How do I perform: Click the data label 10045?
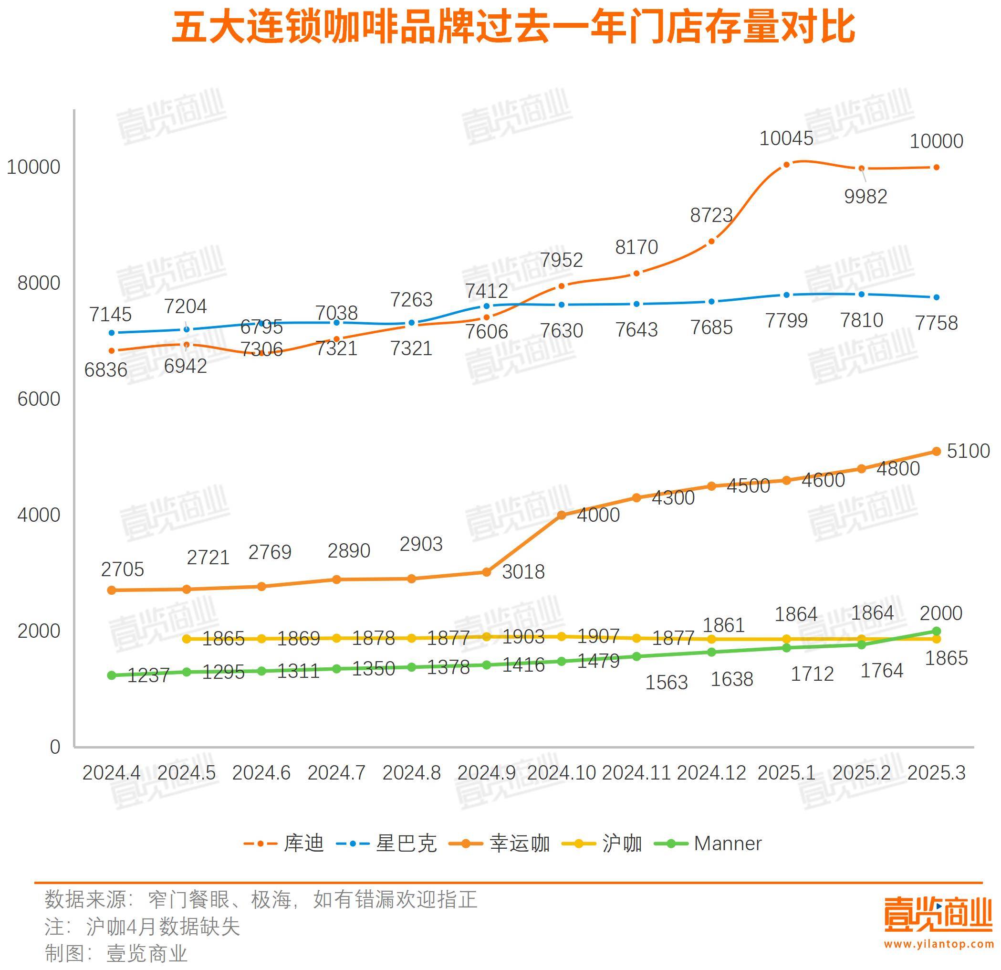click(x=786, y=138)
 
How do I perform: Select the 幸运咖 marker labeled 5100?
click(x=936, y=451)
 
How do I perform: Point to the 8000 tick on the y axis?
click(x=38, y=283)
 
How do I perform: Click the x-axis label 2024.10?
click(x=561, y=773)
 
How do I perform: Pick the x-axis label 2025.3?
click(x=936, y=773)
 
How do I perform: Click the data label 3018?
click(x=523, y=572)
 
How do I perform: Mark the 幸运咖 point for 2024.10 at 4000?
click(x=561, y=515)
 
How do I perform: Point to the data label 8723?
click(x=711, y=216)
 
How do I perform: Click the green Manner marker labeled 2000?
click(x=936, y=631)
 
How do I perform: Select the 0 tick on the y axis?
click(x=55, y=747)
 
